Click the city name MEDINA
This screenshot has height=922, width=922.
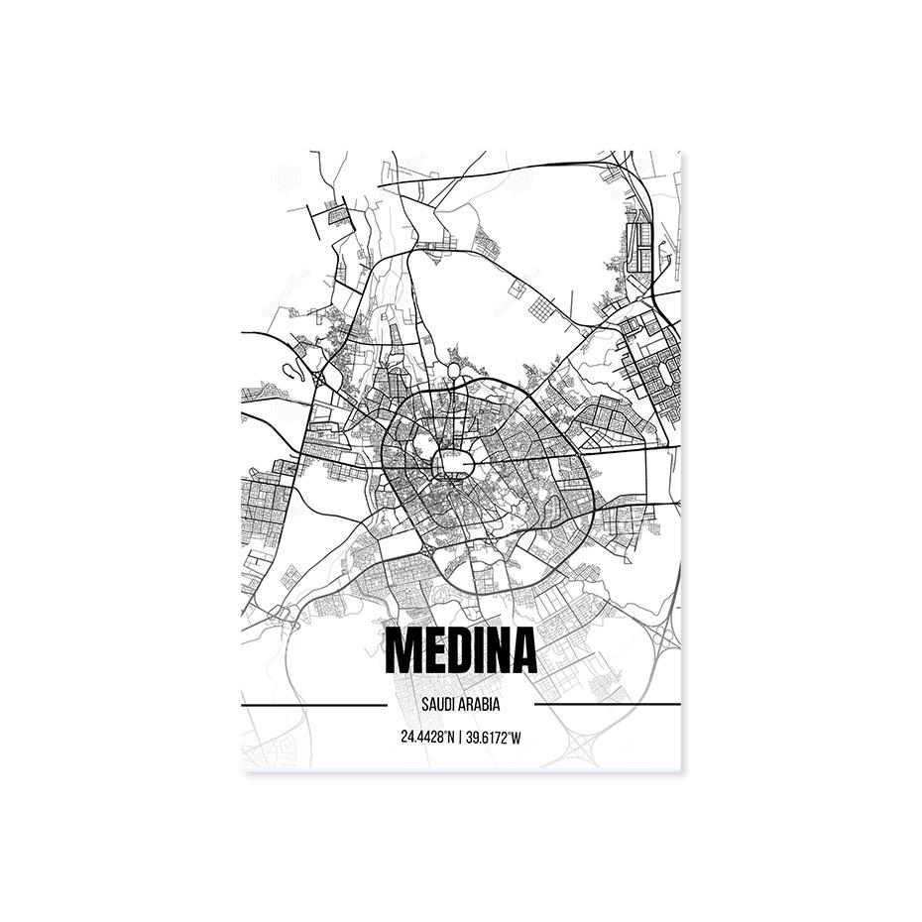tap(460, 650)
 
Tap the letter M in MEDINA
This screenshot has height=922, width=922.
tap(403, 650)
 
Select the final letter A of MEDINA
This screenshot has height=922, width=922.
tap(521, 650)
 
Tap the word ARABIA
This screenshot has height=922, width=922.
tap(480, 706)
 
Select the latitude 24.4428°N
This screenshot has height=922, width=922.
tap(427, 738)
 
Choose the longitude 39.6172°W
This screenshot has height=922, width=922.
tap(494, 738)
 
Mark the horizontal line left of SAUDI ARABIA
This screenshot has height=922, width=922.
tap(313, 705)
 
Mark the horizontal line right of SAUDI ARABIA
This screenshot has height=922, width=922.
tap(607, 705)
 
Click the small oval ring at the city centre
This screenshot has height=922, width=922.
tap(454, 463)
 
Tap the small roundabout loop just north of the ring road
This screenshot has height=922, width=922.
tap(453, 371)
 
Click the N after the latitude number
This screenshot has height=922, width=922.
tap(450, 738)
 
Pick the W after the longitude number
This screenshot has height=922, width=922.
tap(517, 738)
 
